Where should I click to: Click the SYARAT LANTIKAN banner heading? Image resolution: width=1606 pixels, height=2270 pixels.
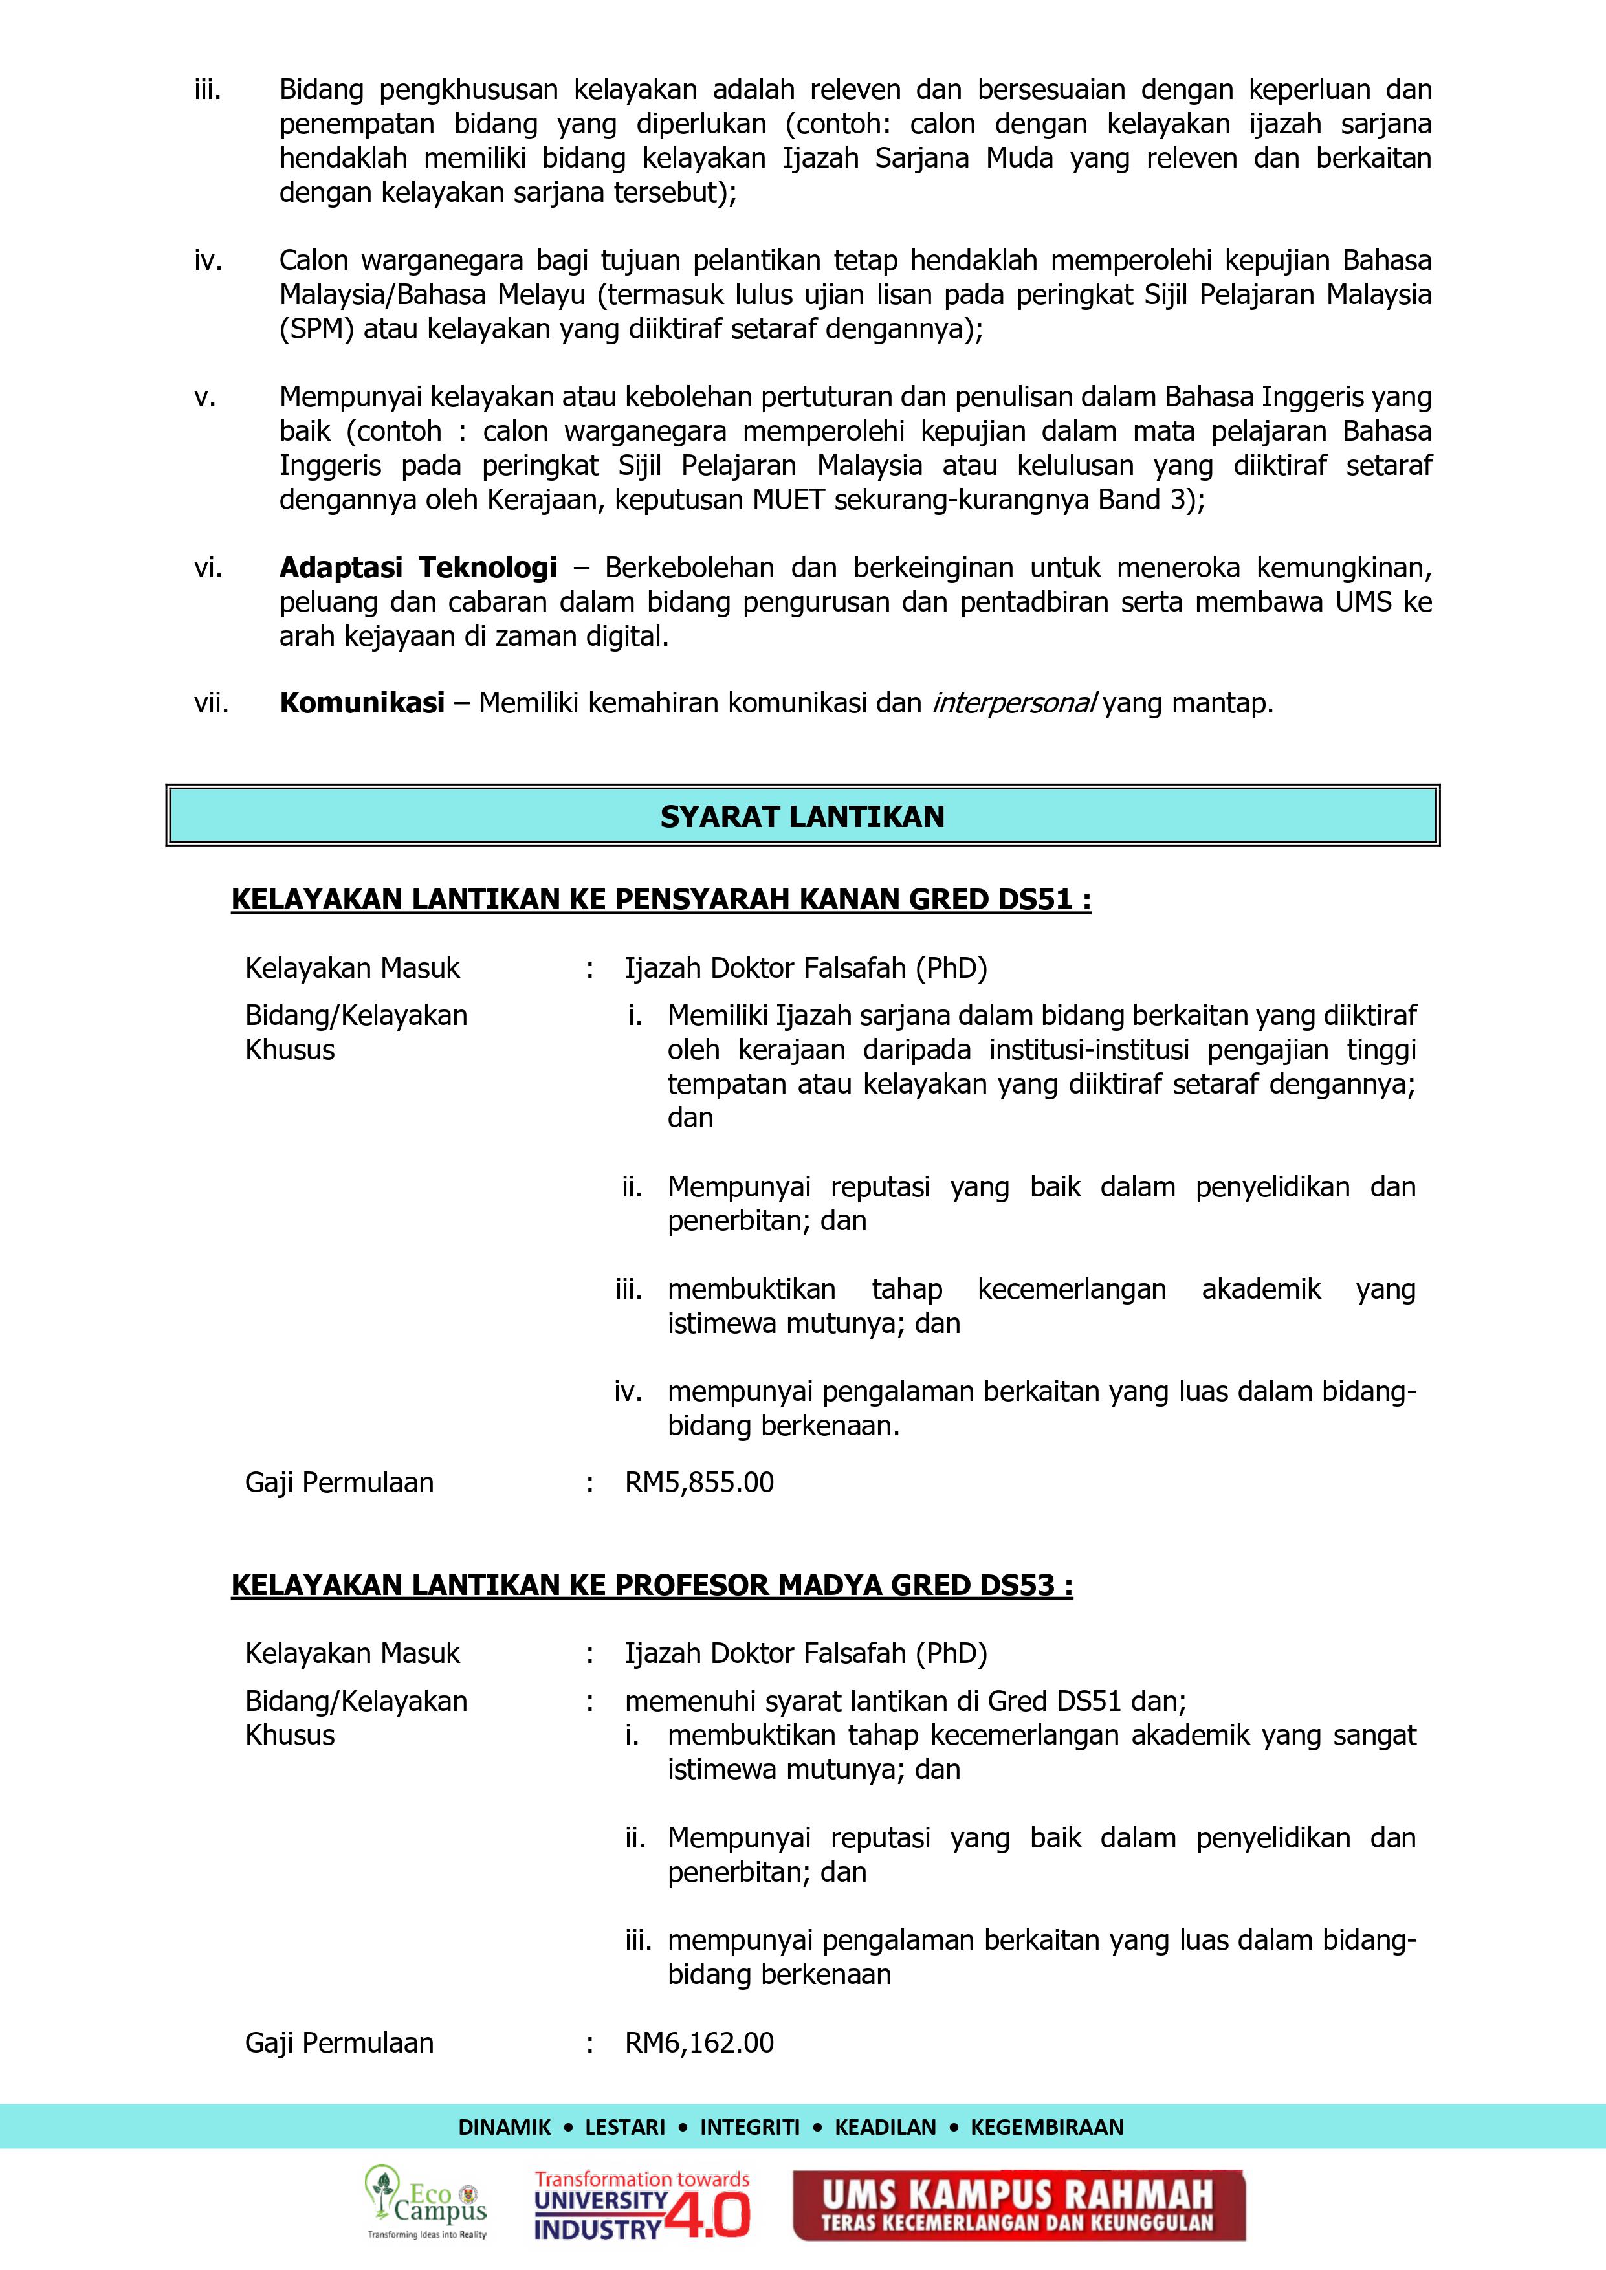802,817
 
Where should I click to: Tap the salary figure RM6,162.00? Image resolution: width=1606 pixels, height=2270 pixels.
699,2043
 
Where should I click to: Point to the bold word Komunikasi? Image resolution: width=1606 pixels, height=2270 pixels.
362,703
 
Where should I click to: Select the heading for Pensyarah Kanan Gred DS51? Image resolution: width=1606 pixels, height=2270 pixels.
661,899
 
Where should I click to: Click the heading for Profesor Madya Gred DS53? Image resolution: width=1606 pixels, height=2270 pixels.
652,1586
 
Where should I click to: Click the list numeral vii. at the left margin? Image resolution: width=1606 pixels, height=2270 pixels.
211,703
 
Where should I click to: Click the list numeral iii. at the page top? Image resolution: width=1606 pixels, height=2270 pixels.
208,90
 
